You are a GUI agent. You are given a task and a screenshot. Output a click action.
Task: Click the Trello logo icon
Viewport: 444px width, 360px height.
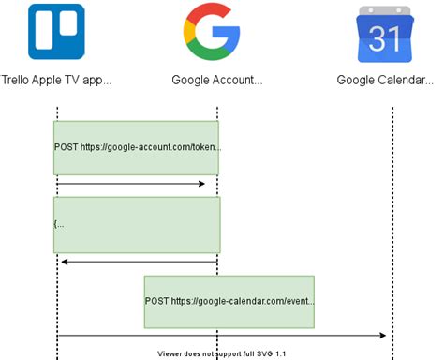[56, 31]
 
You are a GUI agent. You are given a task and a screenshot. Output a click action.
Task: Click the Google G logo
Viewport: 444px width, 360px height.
[211, 31]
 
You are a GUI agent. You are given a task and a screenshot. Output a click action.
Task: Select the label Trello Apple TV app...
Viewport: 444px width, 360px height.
[56, 80]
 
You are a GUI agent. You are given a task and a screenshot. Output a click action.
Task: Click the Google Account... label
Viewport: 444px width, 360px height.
[216, 80]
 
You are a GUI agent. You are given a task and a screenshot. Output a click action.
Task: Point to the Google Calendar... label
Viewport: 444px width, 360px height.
[385, 80]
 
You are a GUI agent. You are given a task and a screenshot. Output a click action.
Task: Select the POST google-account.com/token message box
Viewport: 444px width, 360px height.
[136, 147]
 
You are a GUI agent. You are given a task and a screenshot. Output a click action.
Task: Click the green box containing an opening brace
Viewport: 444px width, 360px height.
[137, 224]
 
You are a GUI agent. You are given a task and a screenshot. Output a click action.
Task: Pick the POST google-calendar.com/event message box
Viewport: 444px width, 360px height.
[229, 301]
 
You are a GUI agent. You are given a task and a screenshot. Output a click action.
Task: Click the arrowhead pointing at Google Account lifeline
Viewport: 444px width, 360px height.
[200, 184]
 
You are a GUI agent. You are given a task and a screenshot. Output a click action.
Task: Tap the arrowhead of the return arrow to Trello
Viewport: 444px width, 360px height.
[64, 262]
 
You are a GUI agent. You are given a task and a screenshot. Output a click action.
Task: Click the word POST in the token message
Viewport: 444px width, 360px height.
[67, 148]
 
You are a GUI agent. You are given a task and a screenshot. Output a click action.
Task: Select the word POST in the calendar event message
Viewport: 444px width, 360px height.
[157, 302]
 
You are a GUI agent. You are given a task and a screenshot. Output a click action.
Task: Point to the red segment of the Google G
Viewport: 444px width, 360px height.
[208, 11]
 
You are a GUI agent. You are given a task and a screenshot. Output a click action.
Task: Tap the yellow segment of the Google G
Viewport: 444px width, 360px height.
[188, 32]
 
